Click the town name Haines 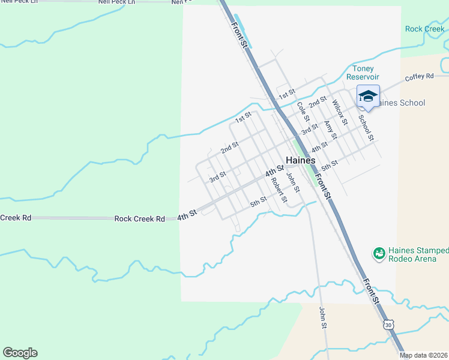(301, 161)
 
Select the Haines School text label (400, 103)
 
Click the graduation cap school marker (368, 95)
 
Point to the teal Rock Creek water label (425, 29)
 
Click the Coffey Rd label (419, 77)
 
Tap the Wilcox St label (340, 112)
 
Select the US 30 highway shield (389, 324)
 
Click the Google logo (20, 353)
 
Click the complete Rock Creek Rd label (139, 219)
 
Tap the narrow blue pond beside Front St (243, 31)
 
